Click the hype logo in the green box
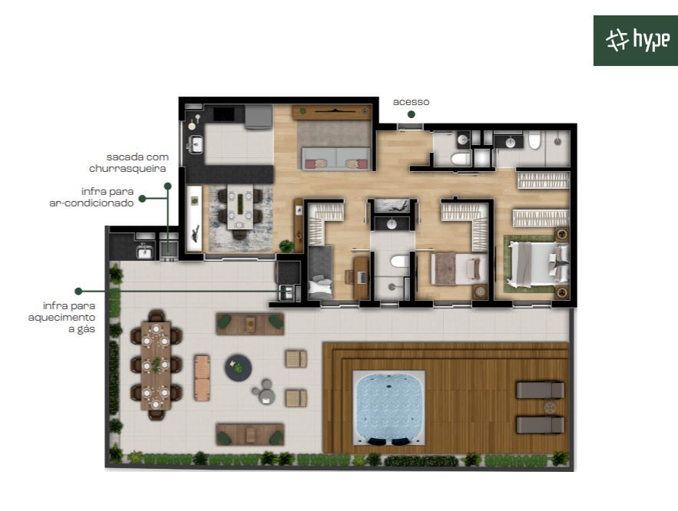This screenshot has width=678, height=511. [x=638, y=40]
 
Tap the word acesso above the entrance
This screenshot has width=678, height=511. [x=411, y=102]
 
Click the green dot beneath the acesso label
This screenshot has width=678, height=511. [x=412, y=114]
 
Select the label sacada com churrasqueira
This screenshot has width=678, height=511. [x=129, y=163]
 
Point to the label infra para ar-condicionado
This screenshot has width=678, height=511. [x=91, y=197]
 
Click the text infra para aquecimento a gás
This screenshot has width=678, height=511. [x=62, y=318]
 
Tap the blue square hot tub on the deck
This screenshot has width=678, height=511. [x=389, y=407]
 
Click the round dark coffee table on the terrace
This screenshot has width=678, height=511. [x=238, y=368]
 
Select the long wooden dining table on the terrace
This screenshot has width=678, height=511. [x=156, y=365]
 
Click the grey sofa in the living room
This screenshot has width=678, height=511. [x=336, y=158]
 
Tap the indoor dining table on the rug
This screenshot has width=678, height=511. [x=240, y=206]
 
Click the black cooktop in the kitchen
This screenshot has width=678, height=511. [x=224, y=114]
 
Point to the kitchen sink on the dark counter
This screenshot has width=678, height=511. [x=196, y=144]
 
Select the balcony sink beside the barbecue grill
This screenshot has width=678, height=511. [x=144, y=251]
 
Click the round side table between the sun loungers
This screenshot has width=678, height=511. [x=550, y=407]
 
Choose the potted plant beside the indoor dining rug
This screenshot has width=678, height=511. [x=286, y=246]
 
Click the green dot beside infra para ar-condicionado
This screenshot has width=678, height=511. [x=142, y=199]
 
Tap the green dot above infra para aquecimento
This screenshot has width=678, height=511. [x=78, y=291]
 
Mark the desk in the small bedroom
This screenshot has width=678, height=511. [x=362, y=278]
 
